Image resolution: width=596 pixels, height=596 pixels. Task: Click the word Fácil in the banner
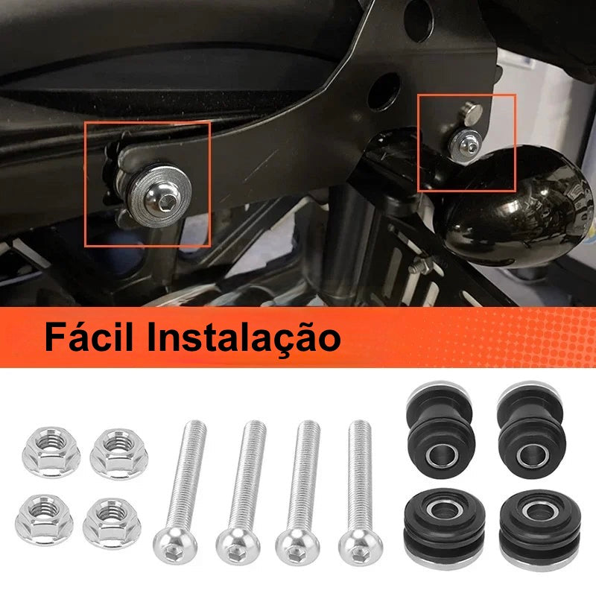89,337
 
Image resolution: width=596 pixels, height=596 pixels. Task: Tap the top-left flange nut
51,451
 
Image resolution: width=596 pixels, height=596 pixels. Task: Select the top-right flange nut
118,454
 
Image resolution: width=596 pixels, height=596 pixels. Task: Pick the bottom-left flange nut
44,520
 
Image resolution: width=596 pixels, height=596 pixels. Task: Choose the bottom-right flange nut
112,523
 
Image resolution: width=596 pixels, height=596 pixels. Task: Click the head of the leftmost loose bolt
175,544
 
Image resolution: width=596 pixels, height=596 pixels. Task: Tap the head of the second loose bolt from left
238,546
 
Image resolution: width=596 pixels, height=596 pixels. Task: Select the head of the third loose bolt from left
297,546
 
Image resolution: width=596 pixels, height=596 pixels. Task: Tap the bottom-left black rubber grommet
445,527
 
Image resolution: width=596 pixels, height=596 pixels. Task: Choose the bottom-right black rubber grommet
540,530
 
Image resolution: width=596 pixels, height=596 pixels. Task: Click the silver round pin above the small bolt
472,113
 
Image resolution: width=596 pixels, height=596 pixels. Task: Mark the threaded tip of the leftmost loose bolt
195,424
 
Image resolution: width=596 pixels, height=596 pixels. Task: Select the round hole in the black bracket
384,92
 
